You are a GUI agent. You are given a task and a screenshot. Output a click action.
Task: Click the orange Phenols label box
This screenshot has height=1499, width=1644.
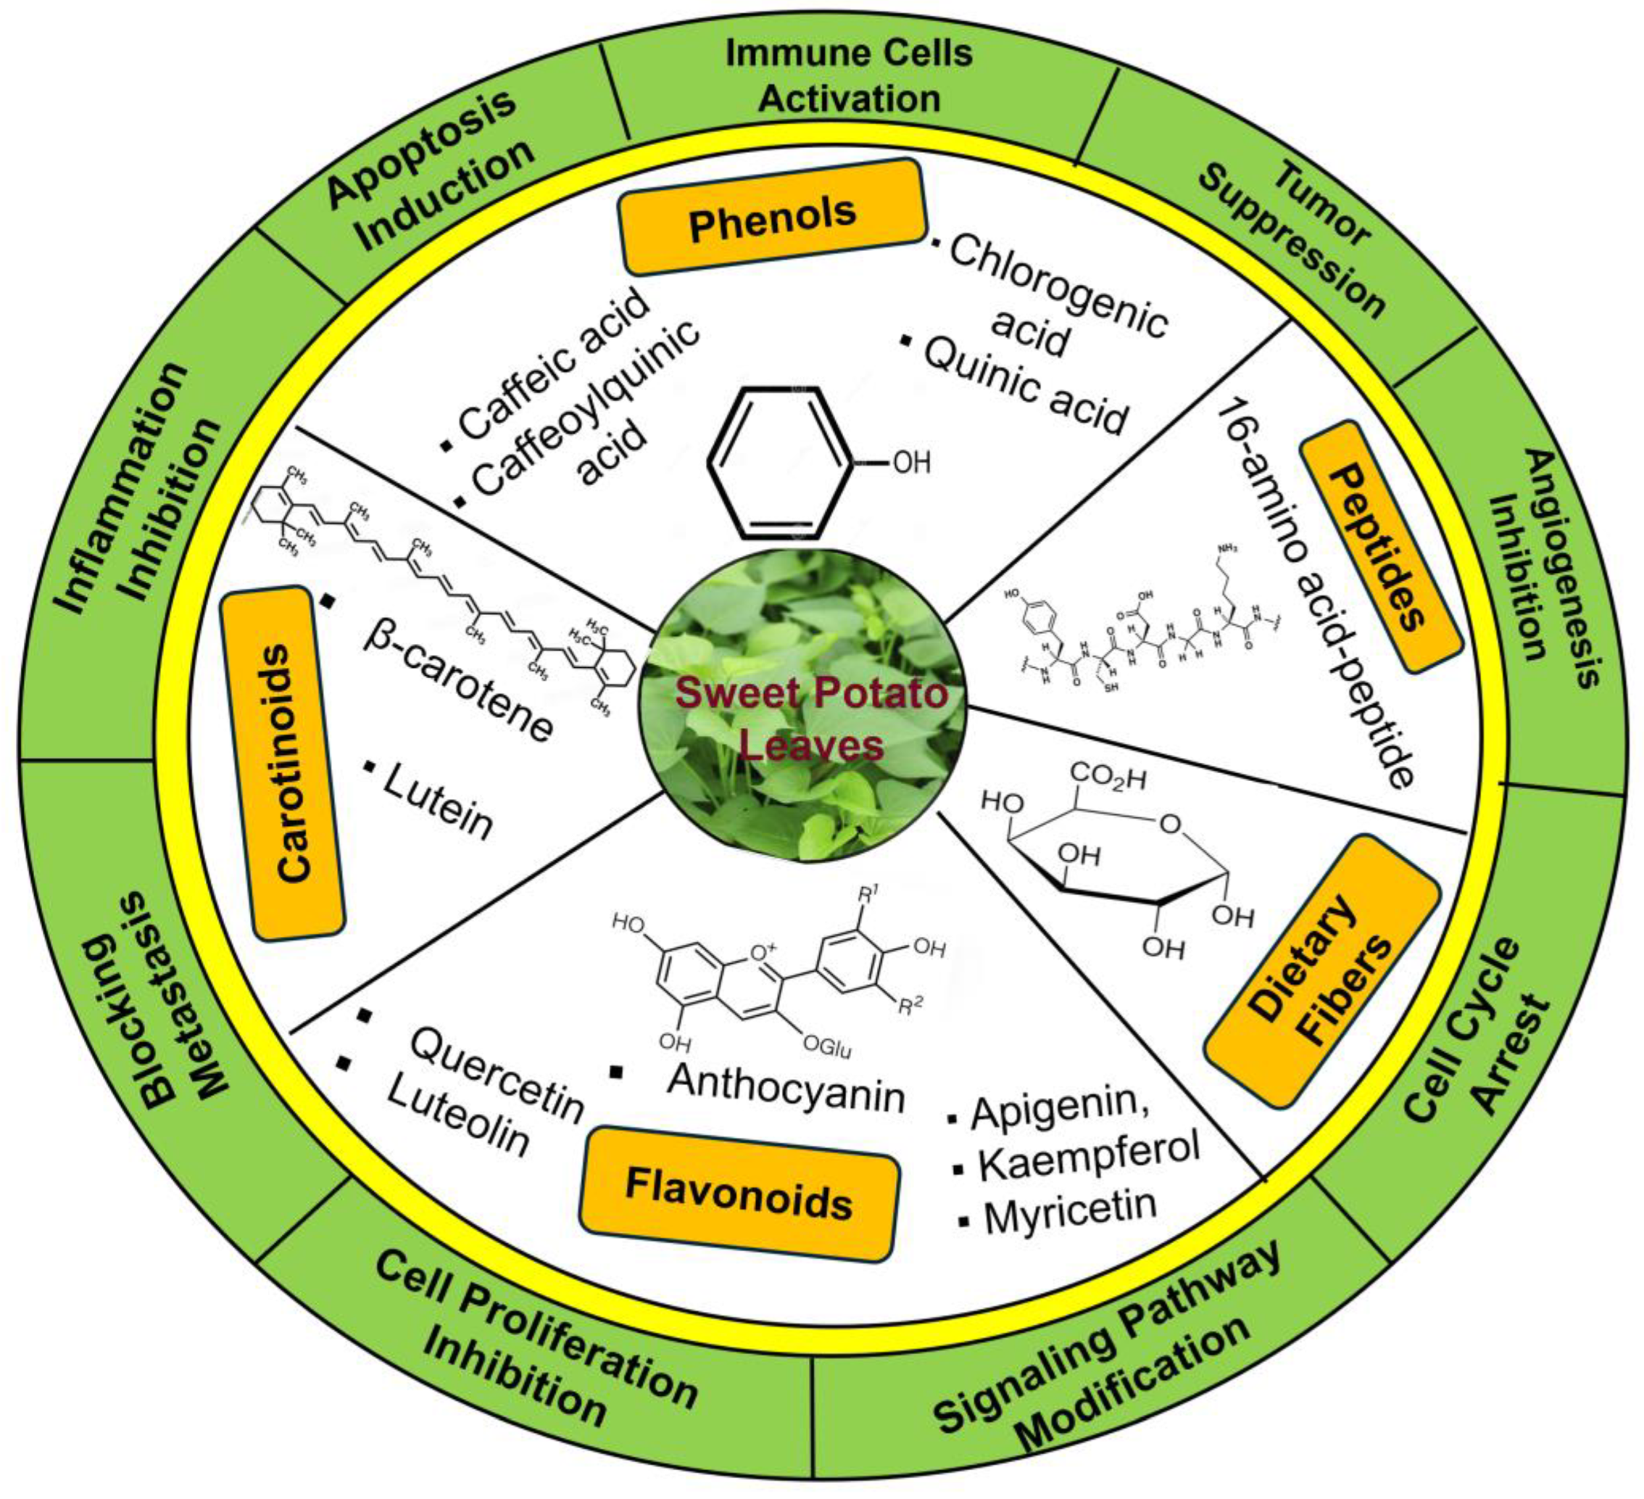pyautogui.click(x=773, y=217)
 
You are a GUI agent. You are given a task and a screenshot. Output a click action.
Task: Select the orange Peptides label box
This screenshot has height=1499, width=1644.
pyautogui.click(x=1380, y=546)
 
